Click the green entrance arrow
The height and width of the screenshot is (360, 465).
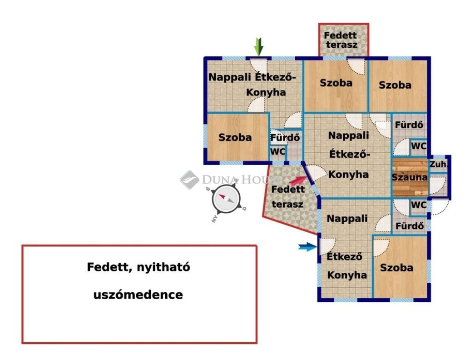click(x=259, y=47)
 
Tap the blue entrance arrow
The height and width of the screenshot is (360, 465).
click(x=307, y=247)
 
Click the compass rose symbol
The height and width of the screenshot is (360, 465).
click(x=226, y=200)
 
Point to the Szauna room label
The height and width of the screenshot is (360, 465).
click(x=410, y=177)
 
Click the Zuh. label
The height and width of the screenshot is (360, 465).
click(x=438, y=164)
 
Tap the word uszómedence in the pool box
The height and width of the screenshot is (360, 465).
click(x=138, y=295)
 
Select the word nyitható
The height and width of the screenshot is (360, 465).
click(x=163, y=267)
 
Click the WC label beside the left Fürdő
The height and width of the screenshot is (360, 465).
click(x=278, y=151)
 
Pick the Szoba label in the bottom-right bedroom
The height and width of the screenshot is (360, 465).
click(x=396, y=268)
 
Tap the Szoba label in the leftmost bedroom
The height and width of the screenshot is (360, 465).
click(x=235, y=137)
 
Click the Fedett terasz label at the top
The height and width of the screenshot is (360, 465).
click(x=341, y=40)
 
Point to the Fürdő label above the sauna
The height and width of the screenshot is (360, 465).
click(x=409, y=125)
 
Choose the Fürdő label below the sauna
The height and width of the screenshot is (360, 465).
click(x=410, y=226)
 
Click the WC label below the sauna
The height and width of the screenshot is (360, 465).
click(x=419, y=205)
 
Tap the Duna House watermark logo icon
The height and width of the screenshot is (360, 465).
click(x=189, y=180)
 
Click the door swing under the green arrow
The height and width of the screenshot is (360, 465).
click(x=259, y=65)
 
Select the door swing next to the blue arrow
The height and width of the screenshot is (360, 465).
click(x=327, y=245)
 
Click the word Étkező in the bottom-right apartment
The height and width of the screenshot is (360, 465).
click(x=344, y=256)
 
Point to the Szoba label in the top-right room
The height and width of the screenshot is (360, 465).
click(x=395, y=85)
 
